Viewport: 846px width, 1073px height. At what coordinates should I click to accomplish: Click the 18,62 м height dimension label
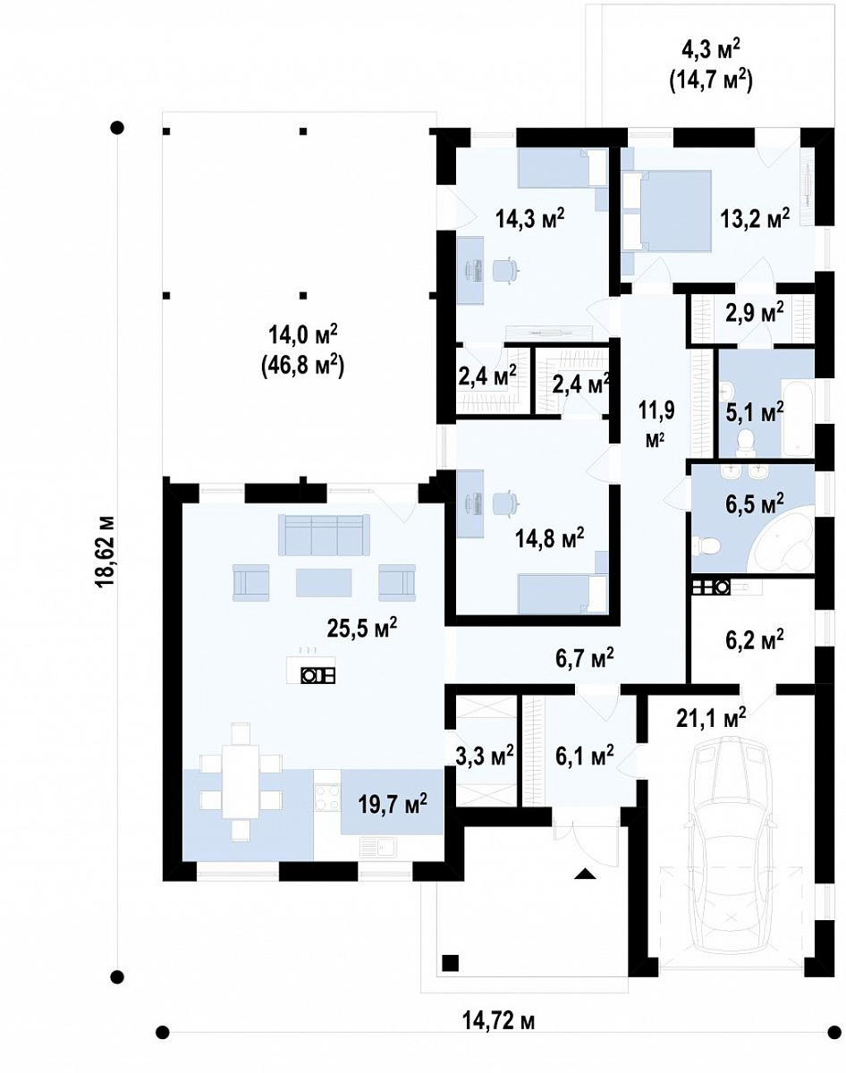pyautogui.click(x=106, y=552)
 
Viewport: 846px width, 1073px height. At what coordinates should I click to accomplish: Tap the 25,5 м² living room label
pyautogui.click(x=362, y=629)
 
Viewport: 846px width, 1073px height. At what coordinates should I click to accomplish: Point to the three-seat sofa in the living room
pyautogui.click(x=325, y=536)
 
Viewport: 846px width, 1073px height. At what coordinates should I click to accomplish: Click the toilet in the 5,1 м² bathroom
pyautogui.click(x=746, y=441)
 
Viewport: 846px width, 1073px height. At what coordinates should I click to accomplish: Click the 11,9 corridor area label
pyautogui.click(x=656, y=411)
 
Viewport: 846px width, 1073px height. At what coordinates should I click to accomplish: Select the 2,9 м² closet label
pyautogui.click(x=754, y=313)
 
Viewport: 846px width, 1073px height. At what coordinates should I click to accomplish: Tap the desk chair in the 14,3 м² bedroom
pyautogui.click(x=504, y=271)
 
